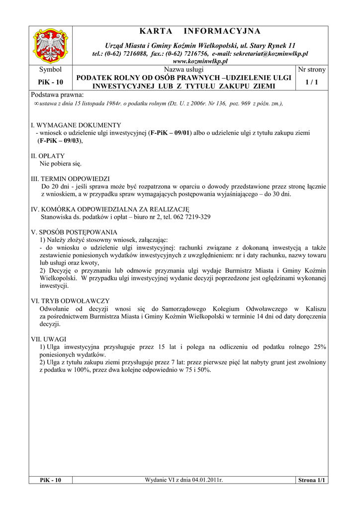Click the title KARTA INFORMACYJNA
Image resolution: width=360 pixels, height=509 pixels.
click(200, 32)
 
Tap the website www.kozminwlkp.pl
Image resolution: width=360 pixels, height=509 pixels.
click(200, 61)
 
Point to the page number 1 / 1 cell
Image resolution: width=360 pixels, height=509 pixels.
click(311, 82)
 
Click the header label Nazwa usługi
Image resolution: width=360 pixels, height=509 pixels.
click(184, 70)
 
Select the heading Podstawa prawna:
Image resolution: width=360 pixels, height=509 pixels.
click(57, 94)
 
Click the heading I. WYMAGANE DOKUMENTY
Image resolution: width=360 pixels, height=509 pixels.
click(76, 125)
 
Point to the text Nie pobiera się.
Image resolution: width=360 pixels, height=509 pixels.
click(60, 163)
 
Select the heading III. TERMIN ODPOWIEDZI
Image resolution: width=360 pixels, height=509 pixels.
click(71, 178)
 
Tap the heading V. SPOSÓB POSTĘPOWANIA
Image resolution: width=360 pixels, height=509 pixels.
click(74, 232)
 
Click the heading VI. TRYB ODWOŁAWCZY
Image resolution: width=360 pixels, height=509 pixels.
click(70, 301)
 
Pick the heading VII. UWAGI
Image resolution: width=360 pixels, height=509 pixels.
click(48, 339)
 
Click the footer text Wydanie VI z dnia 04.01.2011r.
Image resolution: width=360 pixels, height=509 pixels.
click(184, 480)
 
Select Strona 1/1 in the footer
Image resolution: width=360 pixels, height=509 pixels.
click(311, 480)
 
